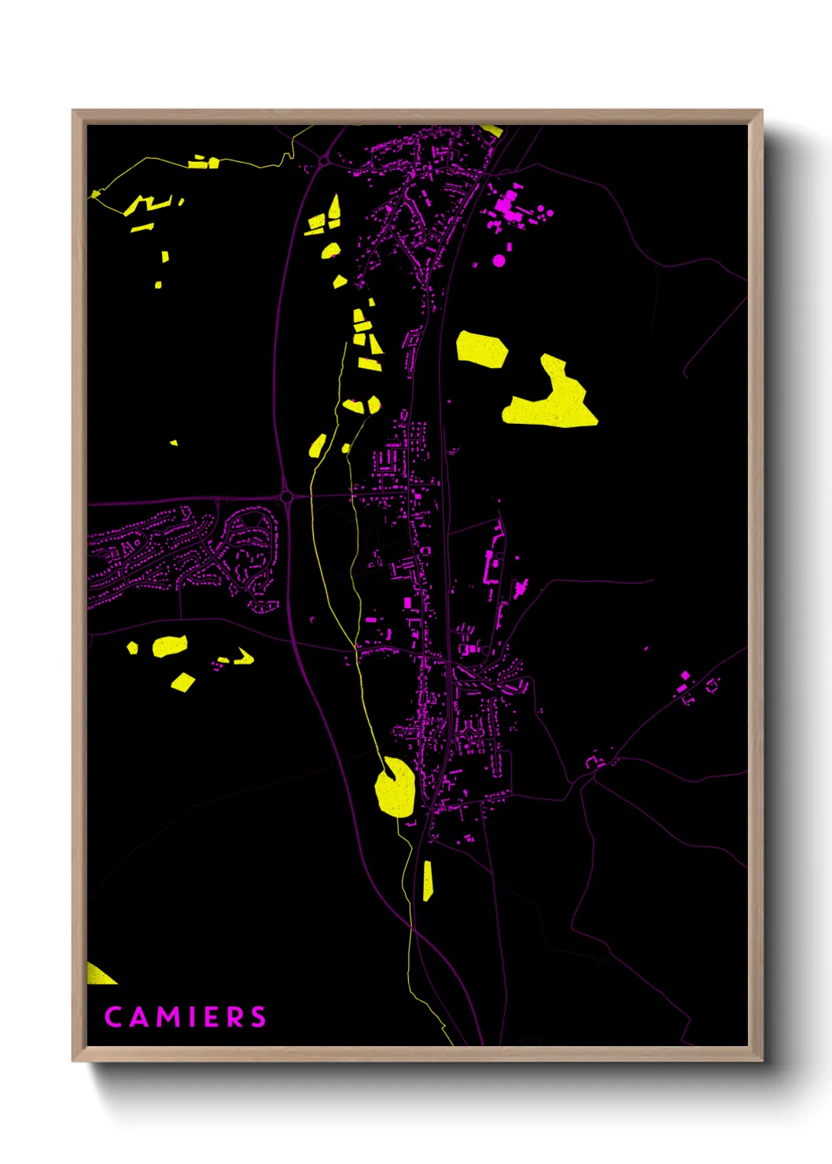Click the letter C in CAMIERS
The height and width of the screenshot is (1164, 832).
pos(113,1017)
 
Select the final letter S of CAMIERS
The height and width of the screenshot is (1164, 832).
pos(259,1017)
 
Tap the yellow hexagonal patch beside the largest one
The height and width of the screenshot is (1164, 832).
pos(481,348)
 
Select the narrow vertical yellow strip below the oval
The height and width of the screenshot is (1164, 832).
pos(427,881)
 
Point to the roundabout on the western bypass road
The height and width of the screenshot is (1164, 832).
pos(286,497)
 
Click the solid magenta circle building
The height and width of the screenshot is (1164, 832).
pos(499,260)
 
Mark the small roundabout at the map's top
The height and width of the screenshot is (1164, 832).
pos(323,161)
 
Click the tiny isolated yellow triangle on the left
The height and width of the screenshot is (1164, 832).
pos(175,443)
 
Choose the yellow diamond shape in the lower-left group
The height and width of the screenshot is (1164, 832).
pos(183,681)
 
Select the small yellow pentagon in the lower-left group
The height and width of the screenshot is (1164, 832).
pos(133,648)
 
